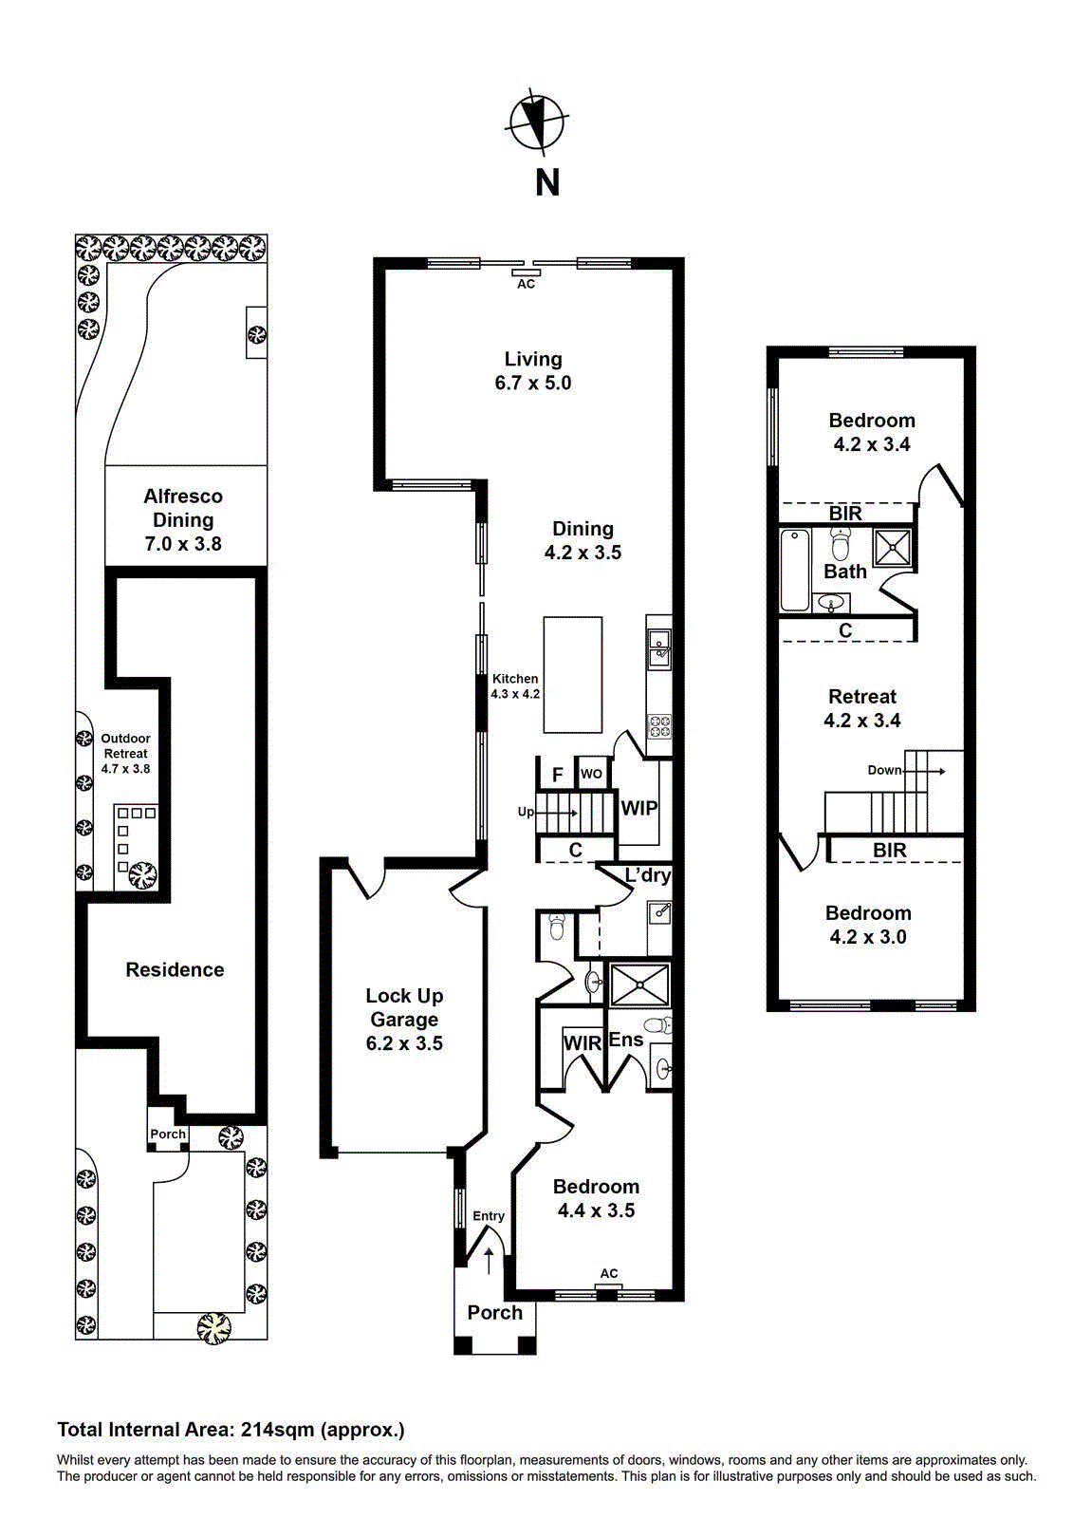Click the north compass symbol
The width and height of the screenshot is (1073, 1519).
[x=537, y=122]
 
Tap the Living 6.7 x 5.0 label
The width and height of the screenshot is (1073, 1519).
[x=533, y=371]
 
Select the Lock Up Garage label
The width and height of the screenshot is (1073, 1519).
[x=404, y=1019]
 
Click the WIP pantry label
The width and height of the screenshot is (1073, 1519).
[x=638, y=809]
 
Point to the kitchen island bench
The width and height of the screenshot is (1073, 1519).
[x=572, y=675]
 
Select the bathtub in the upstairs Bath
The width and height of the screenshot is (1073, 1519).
[x=794, y=570]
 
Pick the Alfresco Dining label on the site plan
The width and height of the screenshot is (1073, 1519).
[x=183, y=520]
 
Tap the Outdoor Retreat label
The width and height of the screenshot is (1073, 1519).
[x=125, y=753]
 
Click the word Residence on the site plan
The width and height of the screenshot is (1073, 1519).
[x=175, y=969]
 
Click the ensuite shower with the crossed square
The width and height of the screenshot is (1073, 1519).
[x=639, y=985]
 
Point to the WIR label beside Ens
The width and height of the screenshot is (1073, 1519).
[x=583, y=1043]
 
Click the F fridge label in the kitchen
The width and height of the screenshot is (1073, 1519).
[x=558, y=775]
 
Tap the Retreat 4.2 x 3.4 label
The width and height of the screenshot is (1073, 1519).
[x=861, y=708]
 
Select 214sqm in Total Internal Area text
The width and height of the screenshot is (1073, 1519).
[x=277, y=1430]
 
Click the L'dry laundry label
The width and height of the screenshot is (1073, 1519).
[x=648, y=875]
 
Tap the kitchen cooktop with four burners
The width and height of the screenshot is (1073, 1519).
[x=659, y=727]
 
